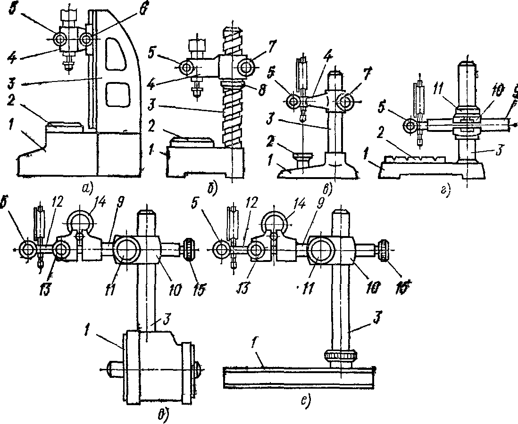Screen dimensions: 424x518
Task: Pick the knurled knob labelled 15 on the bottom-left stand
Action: pos(189,249)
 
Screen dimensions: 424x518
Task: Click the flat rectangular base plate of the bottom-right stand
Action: pos(298,377)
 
